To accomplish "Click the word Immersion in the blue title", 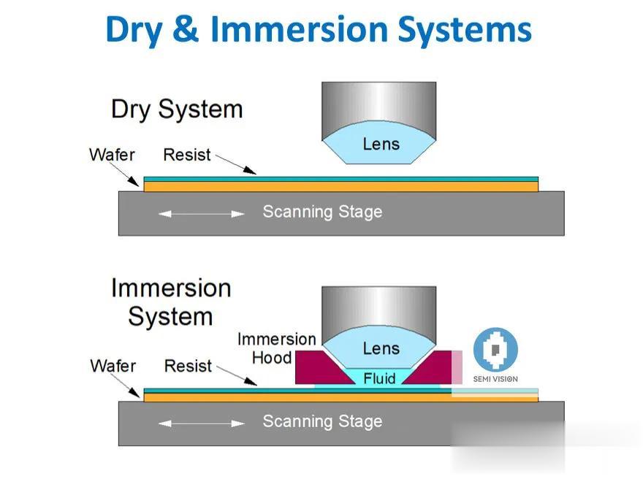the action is (x=299, y=29).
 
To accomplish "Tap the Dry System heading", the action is (x=177, y=110).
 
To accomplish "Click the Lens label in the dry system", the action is (x=381, y=145).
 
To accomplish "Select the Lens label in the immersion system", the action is (x=381, y=349).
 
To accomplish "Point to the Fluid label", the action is (x=379, y=378).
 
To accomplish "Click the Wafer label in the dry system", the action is (x=112, y=155).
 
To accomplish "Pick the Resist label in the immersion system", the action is (x=188, y=366).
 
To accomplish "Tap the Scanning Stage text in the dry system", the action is (x=322, y=212).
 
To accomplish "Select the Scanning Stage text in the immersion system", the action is (x=322, y=421).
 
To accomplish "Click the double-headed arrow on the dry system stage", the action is (x=202, y=214).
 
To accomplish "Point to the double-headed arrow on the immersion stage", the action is (x=202, y=424).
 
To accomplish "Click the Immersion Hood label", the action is (x=277, y=348).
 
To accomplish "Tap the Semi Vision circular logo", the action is (x=495, y=350).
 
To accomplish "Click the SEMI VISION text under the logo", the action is (x=495, y=379).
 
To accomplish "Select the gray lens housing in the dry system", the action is (x=379, y=111).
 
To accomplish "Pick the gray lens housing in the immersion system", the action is (x=379, y=315).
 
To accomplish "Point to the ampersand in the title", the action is (x=186, y=28).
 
